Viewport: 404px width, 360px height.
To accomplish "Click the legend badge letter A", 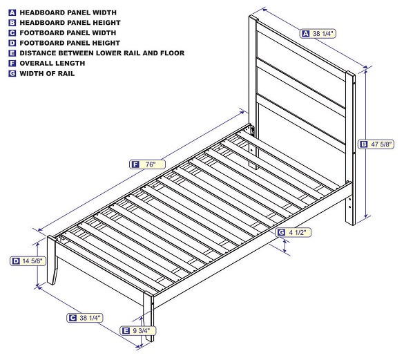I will [12, 12].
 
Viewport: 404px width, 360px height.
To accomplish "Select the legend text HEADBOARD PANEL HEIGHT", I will [70, 23].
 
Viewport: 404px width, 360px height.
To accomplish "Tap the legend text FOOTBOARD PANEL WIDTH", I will [68, 32].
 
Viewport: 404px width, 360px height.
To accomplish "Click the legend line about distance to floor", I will [102, 53].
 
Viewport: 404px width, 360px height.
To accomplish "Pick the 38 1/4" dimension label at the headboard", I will [323, 33].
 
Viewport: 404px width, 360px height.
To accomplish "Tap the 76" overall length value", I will [151, 164].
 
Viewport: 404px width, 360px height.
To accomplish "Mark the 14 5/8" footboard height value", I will [32, 261].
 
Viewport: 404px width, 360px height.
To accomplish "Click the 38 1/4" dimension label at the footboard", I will [90, 318].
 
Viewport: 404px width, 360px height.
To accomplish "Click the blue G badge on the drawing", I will [282, 233].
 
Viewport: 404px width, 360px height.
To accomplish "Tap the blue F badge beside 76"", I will [135, 164].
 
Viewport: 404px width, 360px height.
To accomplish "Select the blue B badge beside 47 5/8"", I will [363, 144].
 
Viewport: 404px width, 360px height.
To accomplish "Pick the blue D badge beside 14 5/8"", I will [15, 261].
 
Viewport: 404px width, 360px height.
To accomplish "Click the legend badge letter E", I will [12, 53].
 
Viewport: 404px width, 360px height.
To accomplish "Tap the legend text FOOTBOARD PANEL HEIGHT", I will [70, 43].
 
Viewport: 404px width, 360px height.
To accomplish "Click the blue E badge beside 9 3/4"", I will [125, 331].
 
